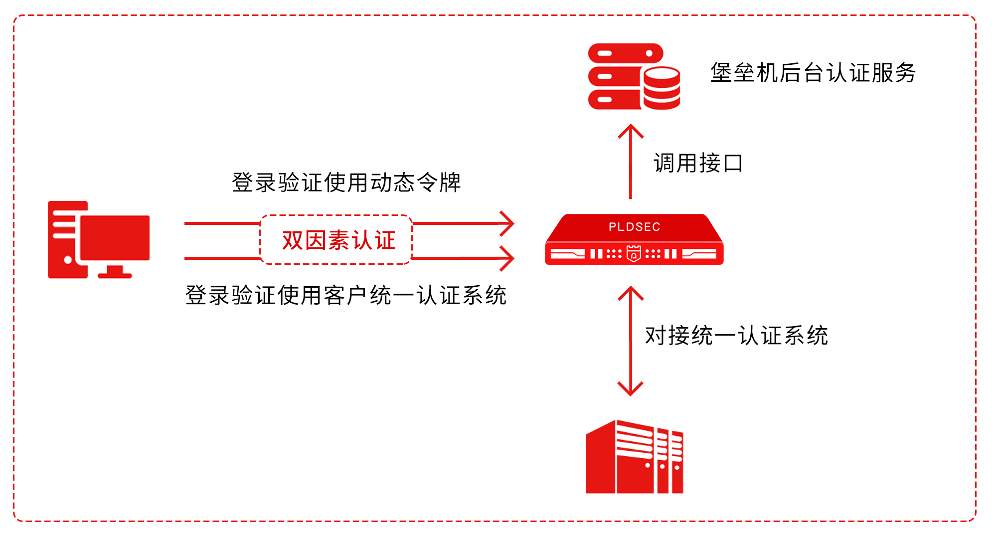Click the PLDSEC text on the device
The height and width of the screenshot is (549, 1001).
click(634, 227)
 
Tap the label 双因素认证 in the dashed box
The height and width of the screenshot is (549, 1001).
click(338, 240)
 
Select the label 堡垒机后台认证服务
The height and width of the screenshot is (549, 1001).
click(813, 73)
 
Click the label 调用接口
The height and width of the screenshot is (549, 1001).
click(698, 163)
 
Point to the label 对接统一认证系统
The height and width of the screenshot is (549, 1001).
click(736, 336)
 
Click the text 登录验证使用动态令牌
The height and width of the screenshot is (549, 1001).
click(346, 183)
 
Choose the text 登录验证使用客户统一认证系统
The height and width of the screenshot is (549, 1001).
click(346, 295)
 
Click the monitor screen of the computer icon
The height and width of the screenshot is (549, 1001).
click(115, 237)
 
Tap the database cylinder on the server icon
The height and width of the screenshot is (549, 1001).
click(662, 88)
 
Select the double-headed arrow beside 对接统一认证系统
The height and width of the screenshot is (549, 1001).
click(631, 341)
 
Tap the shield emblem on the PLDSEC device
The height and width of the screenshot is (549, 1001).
click(634, 253)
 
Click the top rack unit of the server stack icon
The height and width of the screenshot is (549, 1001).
click(625, 53)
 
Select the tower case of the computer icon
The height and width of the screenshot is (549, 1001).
click(65, 239)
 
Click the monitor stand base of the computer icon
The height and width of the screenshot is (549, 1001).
click(115, 275)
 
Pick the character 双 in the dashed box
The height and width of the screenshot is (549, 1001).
click(293, 240)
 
